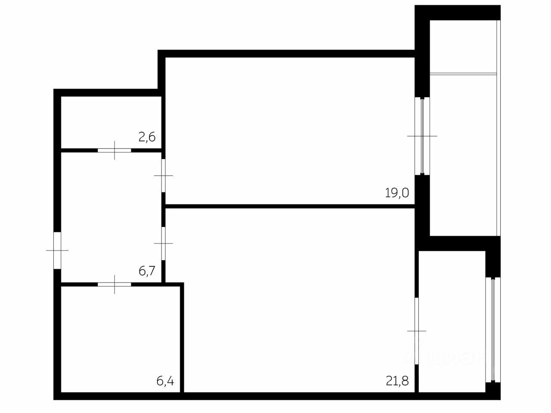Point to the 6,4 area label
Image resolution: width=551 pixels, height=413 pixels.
tap(165, 381)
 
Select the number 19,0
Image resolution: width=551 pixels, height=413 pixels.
tap(397, 193)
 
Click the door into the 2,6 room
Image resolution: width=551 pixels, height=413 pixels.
tap(115, 151)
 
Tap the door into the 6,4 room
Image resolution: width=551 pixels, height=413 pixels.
tap(115, 284)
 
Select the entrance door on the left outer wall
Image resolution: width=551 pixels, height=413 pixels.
tap(57, 250)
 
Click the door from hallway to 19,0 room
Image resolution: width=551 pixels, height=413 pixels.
tap(164, 176)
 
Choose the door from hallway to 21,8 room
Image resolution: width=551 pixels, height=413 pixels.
tap(164, 243)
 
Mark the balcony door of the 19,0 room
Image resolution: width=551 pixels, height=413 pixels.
tap(422, 136)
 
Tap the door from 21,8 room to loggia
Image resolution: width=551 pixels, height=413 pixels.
tap(417, 331)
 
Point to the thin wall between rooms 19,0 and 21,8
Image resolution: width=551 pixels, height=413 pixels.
tap(288, 206)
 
